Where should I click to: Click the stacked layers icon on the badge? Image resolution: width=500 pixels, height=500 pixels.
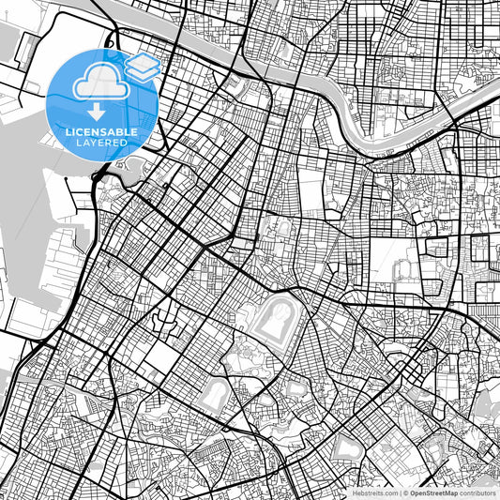(x=143, y=66)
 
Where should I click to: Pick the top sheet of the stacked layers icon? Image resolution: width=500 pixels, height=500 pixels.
(x=143, y=61)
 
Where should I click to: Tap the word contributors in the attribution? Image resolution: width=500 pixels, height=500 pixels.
(x=477, y=492)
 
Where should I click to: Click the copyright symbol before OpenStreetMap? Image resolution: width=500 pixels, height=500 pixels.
(x=406, y=492)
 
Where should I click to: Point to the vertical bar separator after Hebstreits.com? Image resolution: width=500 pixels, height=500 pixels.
(x=400, y=492)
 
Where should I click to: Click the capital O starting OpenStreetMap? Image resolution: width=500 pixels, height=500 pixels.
(x=414, y=492)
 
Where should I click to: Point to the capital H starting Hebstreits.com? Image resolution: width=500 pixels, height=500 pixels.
(x=355, y=492)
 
